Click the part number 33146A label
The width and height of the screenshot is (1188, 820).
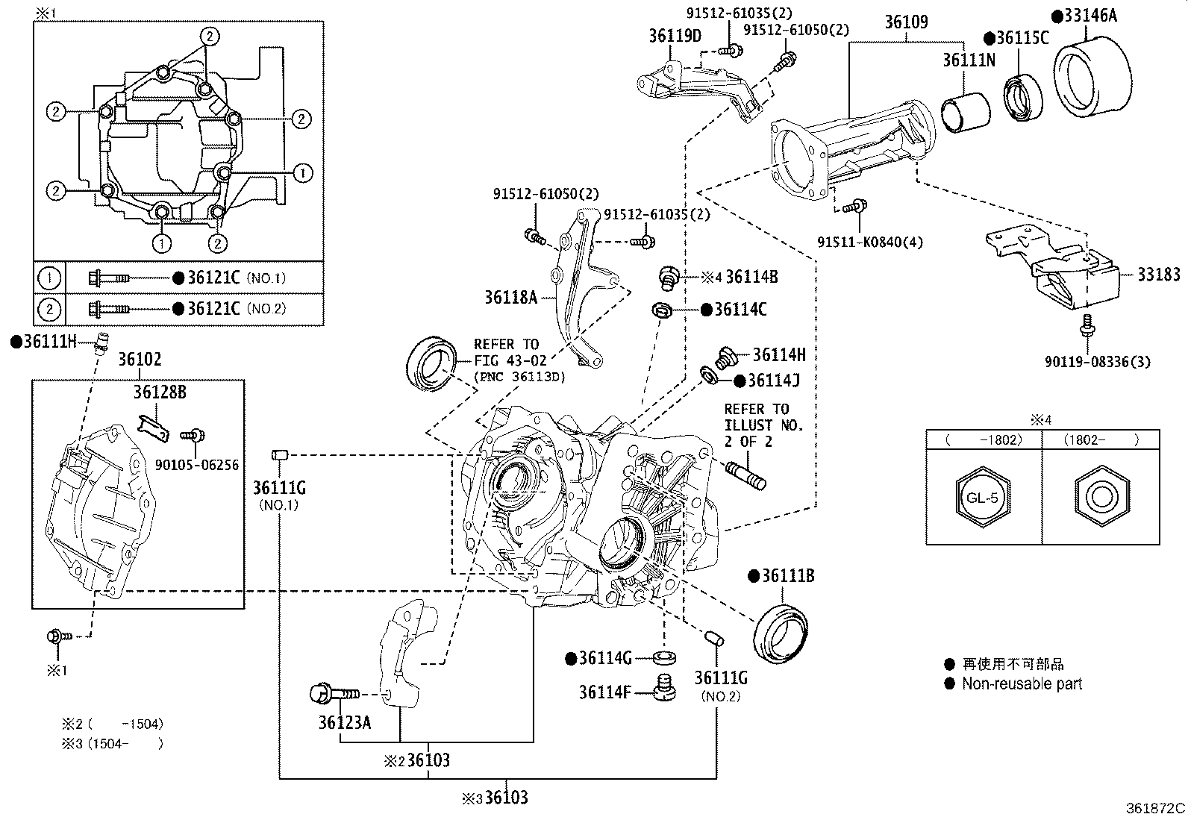pos(1090,15)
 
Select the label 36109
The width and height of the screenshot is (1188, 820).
pos(906,23)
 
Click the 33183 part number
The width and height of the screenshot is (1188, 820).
pos(1158,275)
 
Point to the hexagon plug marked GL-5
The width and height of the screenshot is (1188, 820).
pos(983,498)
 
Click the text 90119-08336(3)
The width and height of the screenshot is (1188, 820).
pos(1097,363)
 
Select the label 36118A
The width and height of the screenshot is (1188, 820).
pos(510,297)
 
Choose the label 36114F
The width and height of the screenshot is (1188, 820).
pos(605,692)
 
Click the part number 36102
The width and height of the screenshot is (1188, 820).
pos(140,360)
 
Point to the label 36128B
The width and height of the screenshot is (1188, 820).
pos(160,392)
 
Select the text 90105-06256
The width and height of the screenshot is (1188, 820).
pos(196,465)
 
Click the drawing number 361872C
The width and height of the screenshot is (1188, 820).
pos(1155,808)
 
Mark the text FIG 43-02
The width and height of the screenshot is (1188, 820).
pos(509,360)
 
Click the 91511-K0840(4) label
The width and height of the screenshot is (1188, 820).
pos(869,242)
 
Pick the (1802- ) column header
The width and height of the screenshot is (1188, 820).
pos(1101,439)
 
